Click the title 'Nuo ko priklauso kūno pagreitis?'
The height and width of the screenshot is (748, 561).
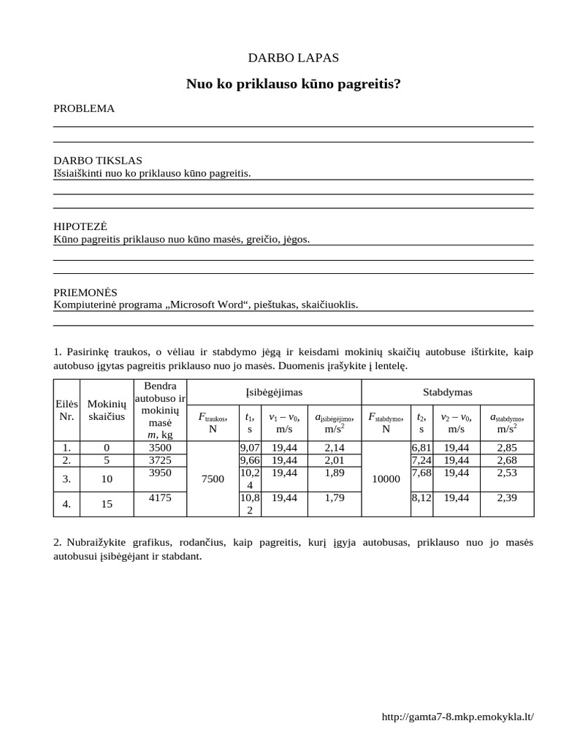(x=294, y=85)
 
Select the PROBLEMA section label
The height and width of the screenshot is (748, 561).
(x=84, y=109)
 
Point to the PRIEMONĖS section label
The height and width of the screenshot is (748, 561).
(x=85, y=291)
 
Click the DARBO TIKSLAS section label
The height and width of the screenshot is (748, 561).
(x=98, y=161)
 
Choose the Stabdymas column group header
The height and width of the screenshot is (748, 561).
(x=448, y=392)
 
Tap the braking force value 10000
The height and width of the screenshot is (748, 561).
(x=386, y=478)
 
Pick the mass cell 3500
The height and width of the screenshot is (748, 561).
(x=159, y=446)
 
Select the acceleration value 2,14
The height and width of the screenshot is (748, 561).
(x=334, y=446)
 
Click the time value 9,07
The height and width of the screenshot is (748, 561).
(x=249, y=446)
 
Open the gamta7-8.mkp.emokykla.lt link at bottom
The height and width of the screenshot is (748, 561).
(x=458, y=717)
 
